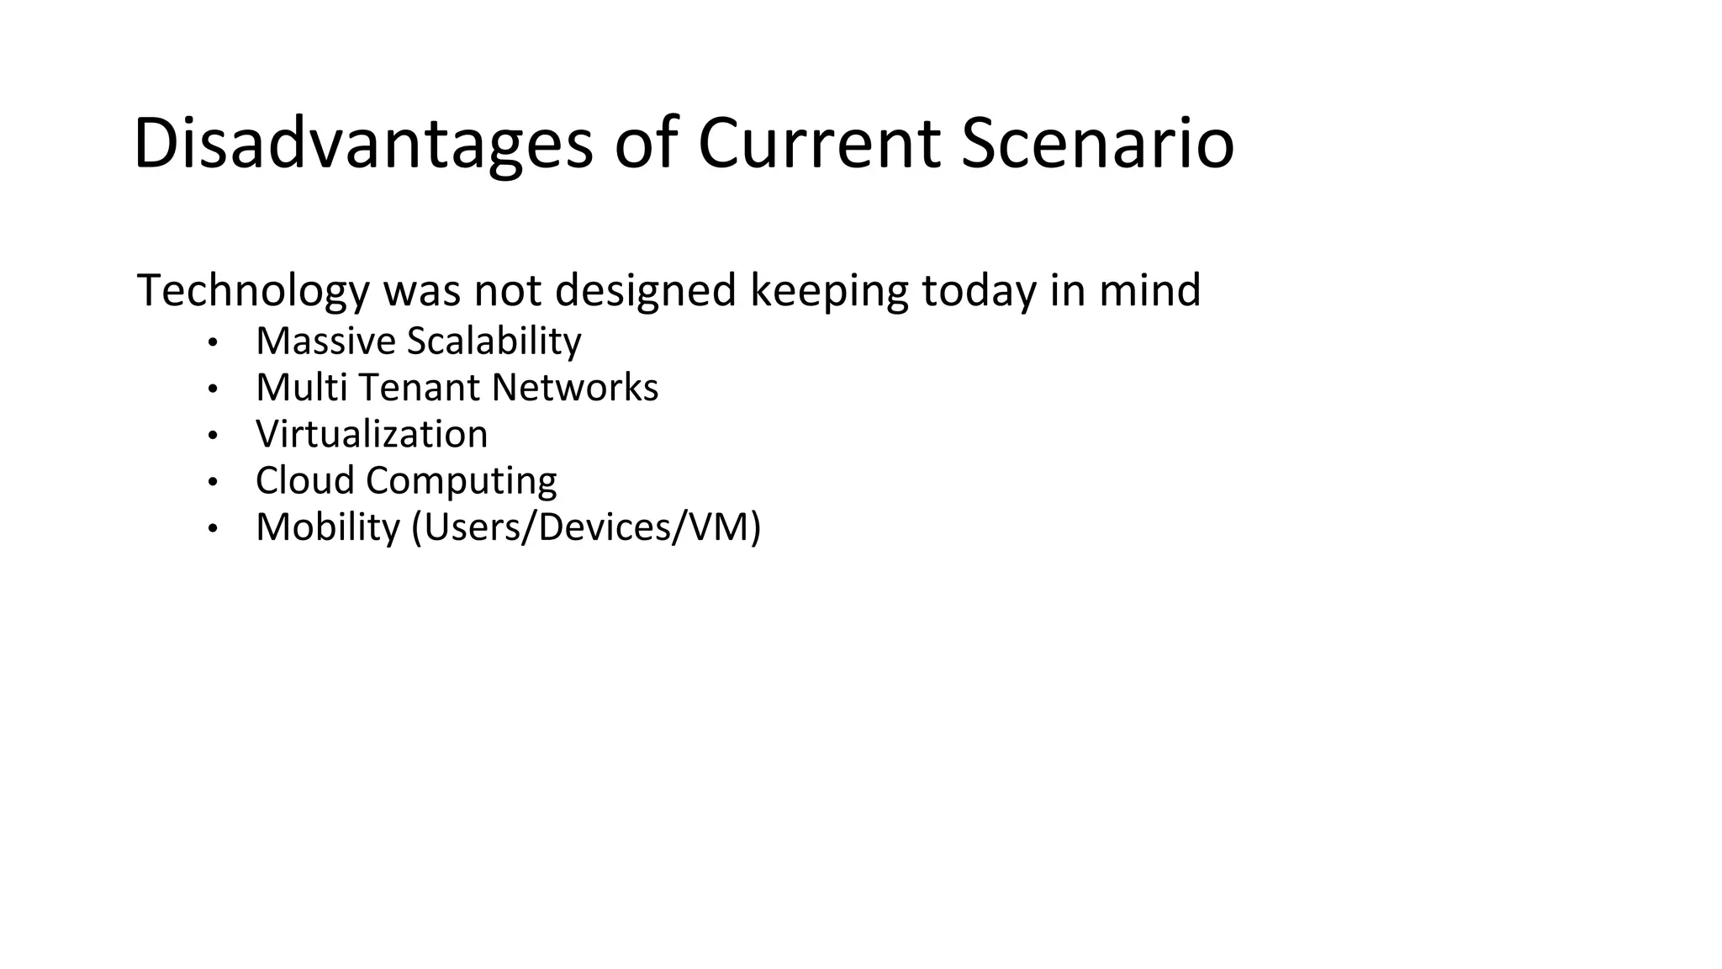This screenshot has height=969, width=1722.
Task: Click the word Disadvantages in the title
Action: (362, 145)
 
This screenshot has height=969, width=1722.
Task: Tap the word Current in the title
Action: (819, 145)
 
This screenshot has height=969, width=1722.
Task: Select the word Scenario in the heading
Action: (1097, 145)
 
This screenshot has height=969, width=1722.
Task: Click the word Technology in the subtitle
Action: (253, 291)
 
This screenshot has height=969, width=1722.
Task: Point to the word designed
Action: (646, 291)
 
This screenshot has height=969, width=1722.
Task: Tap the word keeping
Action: (828, 291)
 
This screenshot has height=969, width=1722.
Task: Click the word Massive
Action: (325, 342)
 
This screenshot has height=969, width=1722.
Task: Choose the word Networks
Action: (575, 388)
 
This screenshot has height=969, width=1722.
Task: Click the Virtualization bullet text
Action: (372, 435)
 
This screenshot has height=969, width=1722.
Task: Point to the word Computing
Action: (461, 481)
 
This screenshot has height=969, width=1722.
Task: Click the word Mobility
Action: (328, 527)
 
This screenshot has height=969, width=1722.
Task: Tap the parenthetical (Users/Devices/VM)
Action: (586, 527)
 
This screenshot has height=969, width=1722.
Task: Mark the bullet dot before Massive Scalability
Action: (213, 342)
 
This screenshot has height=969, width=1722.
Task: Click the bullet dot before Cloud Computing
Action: (213, 482)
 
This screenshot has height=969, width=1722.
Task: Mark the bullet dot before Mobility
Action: (213, 528)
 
